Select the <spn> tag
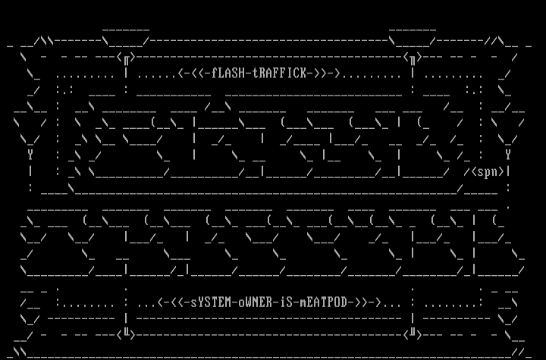(x=488, y=171)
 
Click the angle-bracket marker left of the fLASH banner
(x=128, y=56)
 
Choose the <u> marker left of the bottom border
(x=128, y=332)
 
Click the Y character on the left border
(x=30, y=154)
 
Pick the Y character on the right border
(x=508, y=154)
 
